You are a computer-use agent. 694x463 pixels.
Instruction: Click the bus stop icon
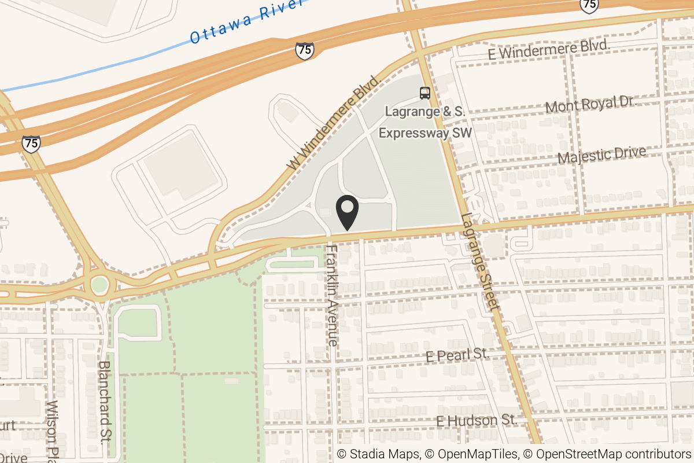(425, 93)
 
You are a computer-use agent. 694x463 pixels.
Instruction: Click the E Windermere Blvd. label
(549, 50)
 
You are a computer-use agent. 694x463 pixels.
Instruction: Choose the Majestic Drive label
(601, 155)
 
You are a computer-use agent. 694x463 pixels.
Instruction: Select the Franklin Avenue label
(333, 295)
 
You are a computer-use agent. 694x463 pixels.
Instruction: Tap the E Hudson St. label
(476, 420)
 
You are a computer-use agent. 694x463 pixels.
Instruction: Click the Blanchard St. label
(105, 402)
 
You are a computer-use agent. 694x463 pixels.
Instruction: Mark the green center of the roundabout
(99, 285)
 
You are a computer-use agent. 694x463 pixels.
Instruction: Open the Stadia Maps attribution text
(378, 454)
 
